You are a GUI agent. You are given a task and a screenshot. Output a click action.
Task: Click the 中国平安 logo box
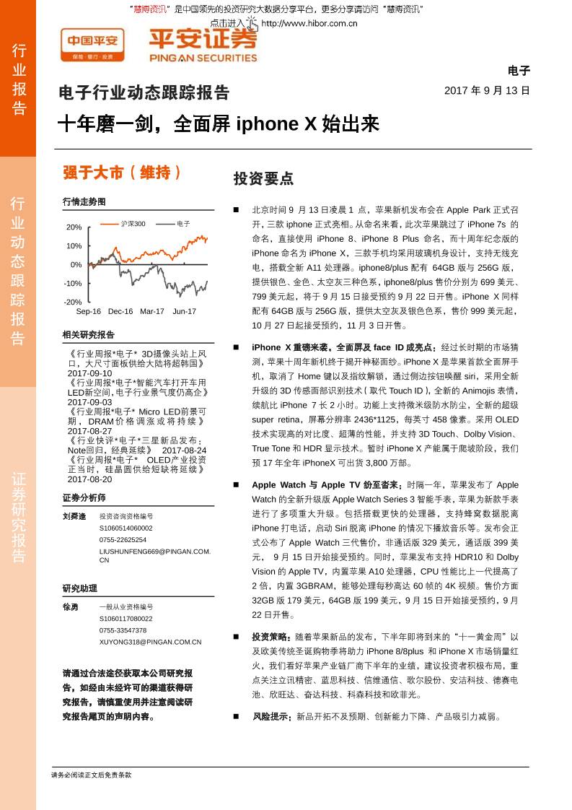(92, 45)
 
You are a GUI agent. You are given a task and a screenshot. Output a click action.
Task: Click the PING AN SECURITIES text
(203, 58)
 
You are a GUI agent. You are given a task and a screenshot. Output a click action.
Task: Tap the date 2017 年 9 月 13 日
(487, 91)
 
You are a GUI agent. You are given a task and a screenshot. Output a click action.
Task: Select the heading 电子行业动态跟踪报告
(144, 93)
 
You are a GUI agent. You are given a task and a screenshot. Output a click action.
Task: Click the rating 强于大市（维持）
(122, 173)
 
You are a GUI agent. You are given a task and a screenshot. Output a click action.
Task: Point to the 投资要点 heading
(263, 178)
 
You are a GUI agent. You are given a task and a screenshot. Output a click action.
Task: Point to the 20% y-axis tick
(74, 227)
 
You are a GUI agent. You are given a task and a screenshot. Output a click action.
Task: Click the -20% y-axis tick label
(73, 302)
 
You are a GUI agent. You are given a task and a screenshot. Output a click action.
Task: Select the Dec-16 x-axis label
(120, 311)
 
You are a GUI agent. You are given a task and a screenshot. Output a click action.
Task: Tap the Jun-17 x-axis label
(184, 311)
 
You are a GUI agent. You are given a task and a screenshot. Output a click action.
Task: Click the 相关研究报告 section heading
(89, 335)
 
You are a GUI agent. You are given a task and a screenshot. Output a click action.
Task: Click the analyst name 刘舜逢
(74, 516)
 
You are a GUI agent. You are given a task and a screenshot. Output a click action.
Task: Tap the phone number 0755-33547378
(123, 630)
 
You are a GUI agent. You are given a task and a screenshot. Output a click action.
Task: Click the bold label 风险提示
(270, 717)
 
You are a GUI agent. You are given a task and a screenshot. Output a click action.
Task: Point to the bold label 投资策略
(271, 637)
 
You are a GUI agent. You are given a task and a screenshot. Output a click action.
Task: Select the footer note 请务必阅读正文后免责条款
(92, 775)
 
